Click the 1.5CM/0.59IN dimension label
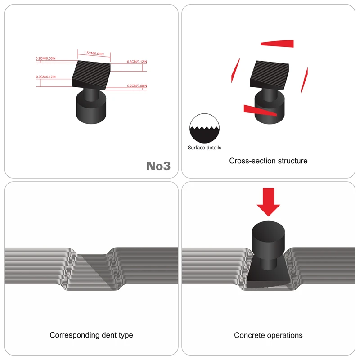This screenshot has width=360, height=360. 94,54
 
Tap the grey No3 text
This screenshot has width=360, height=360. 158,166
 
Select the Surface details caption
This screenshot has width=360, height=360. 204,148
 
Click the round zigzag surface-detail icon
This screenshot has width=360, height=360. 204,128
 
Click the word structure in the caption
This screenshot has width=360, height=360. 292,161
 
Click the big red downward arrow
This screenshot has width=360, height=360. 268,202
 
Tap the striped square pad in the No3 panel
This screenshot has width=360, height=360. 91,75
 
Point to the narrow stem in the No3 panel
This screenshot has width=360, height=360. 91,94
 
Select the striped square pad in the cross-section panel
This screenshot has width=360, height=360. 270,75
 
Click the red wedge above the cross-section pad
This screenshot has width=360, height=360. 277,44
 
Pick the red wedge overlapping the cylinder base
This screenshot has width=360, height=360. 260,110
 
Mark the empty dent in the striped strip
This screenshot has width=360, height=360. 94,271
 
